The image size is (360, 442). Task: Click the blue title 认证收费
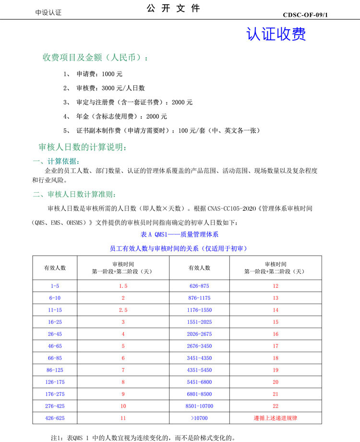click(x=276, y=34)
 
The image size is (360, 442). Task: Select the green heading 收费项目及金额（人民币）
click(x=96, y=58)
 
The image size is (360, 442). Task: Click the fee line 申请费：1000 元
click(x=99, y=74)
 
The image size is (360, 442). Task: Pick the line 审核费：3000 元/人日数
click(x=110, y=88)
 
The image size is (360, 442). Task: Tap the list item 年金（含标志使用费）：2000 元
click(x=121, y=116)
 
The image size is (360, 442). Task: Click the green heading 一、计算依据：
click(x=56, y=161)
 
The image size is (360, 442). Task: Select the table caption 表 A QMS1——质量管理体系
click(x=180, y=234)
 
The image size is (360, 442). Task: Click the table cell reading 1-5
click(x=55, y=286)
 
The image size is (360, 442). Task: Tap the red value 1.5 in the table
click(x=123, y=286)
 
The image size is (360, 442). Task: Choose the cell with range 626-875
click(x=200, y=286)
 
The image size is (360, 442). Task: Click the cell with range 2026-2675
click(x=200, y=334)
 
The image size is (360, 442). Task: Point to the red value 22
click(x=276, y=406)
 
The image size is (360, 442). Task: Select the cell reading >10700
click(x=200, y=418)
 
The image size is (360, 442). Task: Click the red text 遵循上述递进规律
click(x=276, y=418)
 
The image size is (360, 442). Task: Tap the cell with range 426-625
click(x=55, y=418)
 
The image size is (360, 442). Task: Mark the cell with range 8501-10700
click(x=200, y=406)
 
